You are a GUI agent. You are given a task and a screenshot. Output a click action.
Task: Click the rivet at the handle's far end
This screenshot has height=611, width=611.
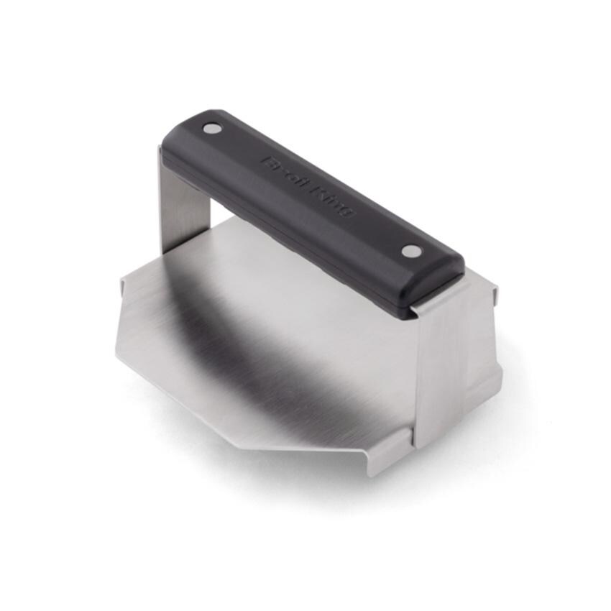coord(212,129)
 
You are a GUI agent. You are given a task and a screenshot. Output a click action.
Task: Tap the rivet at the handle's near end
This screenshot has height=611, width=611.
coord(410,251)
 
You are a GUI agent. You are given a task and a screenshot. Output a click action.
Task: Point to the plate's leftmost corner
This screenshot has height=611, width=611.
coord(116,352)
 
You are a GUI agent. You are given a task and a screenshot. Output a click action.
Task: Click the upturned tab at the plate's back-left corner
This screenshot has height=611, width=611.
coord(123,288)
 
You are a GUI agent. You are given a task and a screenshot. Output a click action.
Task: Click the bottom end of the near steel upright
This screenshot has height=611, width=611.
coord(430,440)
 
